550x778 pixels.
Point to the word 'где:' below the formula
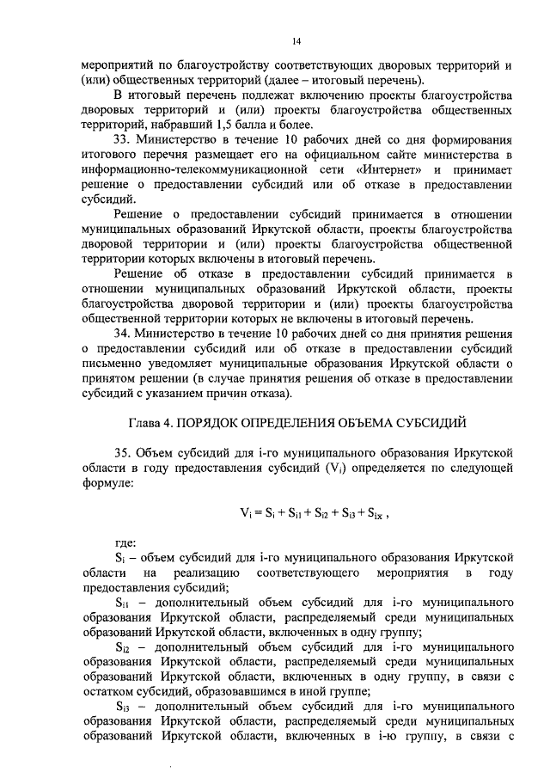[126, 542]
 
